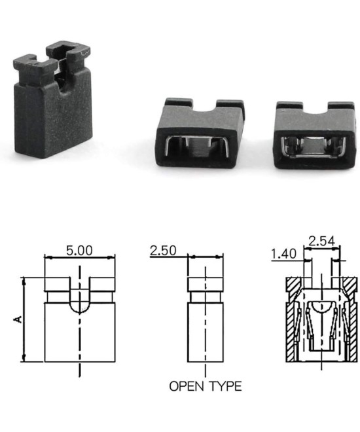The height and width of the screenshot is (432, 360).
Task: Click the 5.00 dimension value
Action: [79, 250]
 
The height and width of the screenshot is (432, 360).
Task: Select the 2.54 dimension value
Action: [322, 241]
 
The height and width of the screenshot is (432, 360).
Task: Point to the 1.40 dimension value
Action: [283, 252]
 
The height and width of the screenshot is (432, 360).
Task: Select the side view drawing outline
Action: [205, 327]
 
